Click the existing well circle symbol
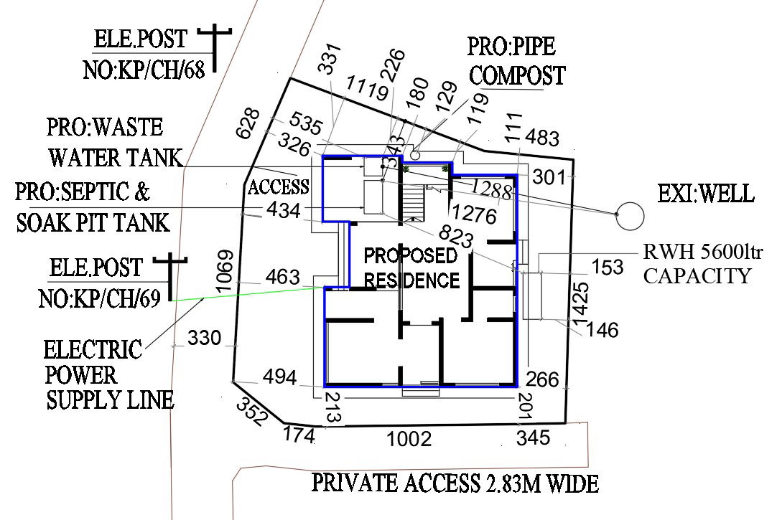point(631,214)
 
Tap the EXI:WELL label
point(706,194)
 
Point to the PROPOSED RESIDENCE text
point(411,268)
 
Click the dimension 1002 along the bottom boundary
point(409,438)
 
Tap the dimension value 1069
point(225,271)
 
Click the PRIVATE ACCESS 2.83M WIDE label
point(455,483)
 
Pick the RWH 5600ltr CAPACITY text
point(695,263)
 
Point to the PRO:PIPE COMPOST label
point(516,61)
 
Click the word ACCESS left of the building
point(279,187)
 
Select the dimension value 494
point(279,377)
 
